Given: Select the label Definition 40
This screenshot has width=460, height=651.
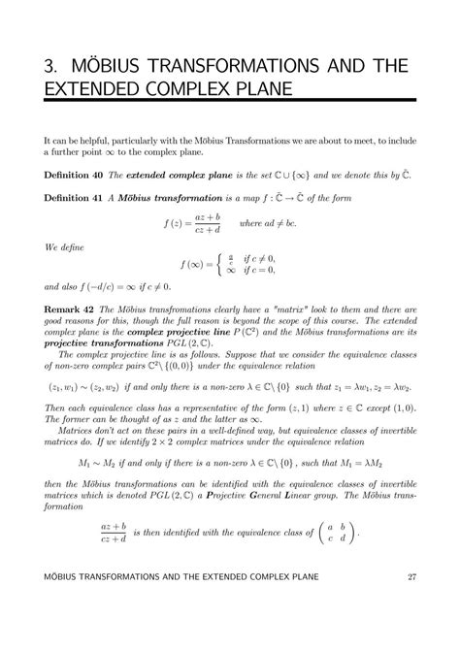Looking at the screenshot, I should point(78,175).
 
